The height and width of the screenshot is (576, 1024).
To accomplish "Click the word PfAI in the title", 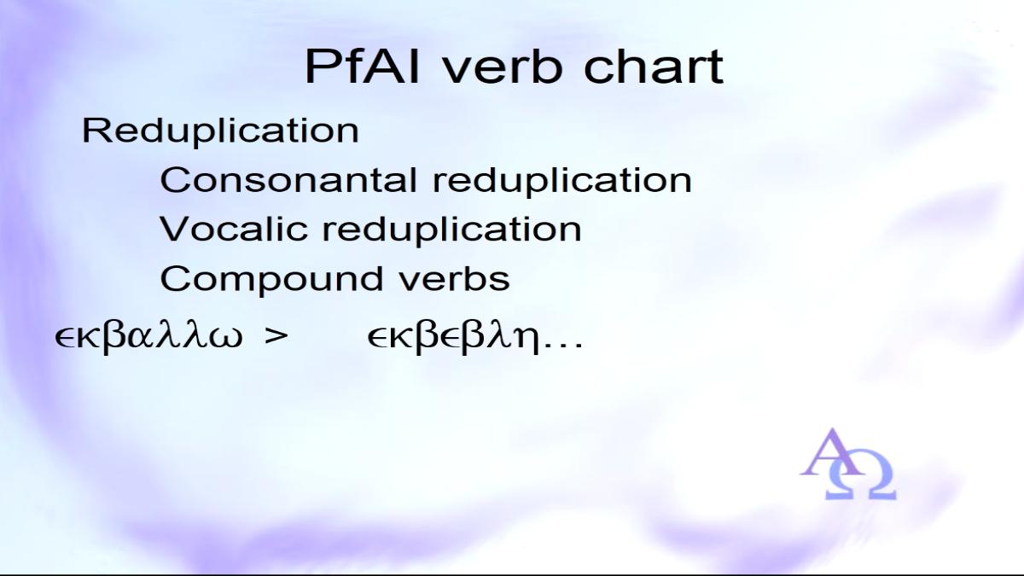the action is pos(362,67).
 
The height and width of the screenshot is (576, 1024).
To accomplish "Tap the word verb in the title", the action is pos(503,67).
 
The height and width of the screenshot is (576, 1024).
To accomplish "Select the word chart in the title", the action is pos(654,67).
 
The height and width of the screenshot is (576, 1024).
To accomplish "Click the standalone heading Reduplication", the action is pos(220,131).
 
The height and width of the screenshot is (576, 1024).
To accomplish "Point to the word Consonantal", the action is pos(288,180).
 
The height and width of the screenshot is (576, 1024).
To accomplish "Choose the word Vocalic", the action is pos(234,229).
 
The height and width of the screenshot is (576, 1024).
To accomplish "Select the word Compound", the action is pos(271,279).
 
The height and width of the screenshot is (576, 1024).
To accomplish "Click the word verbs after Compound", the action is pos(455,278).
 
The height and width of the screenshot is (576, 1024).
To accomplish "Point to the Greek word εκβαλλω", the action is pos(148,338).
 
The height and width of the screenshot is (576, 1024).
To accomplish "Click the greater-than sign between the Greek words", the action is pos(276,336).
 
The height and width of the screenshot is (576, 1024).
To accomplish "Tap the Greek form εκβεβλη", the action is pos(453,339).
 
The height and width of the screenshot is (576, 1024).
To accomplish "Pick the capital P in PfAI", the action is pos(321,67).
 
